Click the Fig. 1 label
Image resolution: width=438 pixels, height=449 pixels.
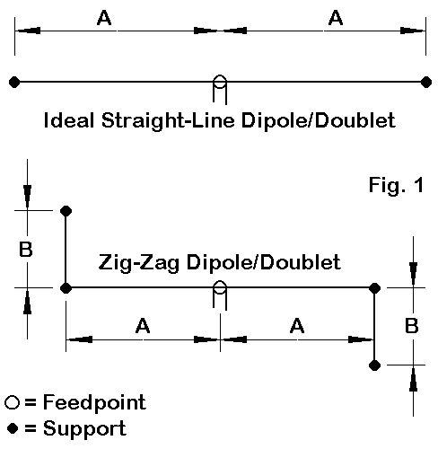click(x=397, y=185)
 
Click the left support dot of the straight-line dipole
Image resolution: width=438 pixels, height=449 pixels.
click(x=14, y=82)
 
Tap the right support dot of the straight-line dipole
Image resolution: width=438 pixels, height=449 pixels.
click(x=426, y=82)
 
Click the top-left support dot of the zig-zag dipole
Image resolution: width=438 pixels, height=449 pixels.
click(x=66, y=211)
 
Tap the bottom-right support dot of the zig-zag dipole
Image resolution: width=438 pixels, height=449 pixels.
click(x=374, y=365)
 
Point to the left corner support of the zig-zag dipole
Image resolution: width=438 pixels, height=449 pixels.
click(x=66, y=288)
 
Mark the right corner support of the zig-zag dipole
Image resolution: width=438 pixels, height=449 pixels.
click(x=374, y=288)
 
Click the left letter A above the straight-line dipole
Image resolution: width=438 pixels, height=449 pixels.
click(x=104, y=18)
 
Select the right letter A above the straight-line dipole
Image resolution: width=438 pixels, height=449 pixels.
click(x=336, y=18)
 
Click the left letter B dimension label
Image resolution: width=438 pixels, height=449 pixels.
click(x=26, y=249)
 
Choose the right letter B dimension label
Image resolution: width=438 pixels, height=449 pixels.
click(x=411, y=326)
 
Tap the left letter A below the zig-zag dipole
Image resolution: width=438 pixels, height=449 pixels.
click(x=143, y=326)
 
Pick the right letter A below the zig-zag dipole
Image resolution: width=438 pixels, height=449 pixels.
click(x=297, y=326)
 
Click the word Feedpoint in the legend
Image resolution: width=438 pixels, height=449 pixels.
click(x=94, y=403)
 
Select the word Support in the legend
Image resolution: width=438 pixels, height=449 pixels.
click(x=84, y=429)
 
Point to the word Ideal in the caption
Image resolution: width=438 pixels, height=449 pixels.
click(x=68, y=120)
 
